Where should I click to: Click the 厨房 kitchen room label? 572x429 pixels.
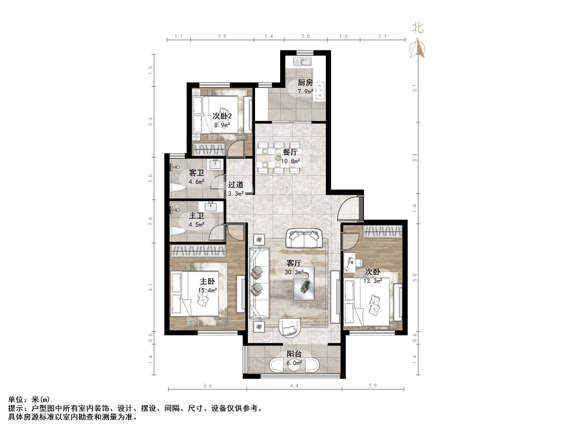coord(305,83)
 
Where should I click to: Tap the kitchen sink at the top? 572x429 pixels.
coord(302,61)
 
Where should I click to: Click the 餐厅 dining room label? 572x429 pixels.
coord(290,152)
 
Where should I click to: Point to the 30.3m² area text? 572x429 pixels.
coord(294,272)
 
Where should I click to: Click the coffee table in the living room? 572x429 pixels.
coord(304,283)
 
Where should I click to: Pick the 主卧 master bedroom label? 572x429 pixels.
coord(207,281)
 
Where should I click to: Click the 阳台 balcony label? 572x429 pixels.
coord(294,354)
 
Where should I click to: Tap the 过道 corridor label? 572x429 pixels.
coord(236,185)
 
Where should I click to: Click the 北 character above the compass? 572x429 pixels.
coord(418,28)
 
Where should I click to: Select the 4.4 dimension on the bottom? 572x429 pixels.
coord(294,385)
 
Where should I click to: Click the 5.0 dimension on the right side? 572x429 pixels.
coord(415,277)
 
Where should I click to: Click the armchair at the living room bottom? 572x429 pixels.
coord(290,328)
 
